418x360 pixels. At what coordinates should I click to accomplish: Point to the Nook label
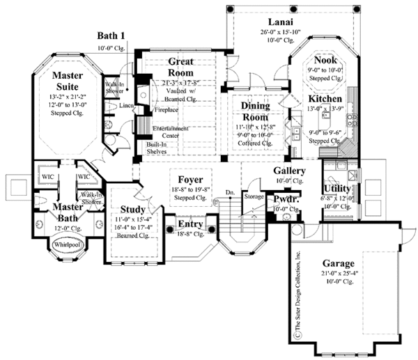(x=325, y=61)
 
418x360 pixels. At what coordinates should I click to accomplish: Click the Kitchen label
(x=325, y=99)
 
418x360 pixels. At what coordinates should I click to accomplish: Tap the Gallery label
(x=289, y=171)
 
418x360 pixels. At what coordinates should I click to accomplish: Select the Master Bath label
(x=68, y=210)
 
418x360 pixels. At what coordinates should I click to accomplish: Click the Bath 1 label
(x=111, y=37)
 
